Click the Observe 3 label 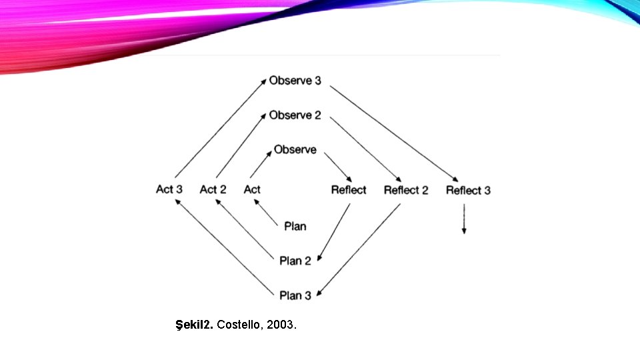(295, 81)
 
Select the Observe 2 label (295, 115)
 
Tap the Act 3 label (169, 189)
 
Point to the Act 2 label (213, 189)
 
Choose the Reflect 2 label (406, 190)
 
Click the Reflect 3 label (468, 190)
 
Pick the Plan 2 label (295, 261)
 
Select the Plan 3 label (295, 295)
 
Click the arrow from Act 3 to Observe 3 (220, 127)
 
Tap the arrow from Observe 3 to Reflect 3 (394, 133)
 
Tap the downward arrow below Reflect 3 (464, 219)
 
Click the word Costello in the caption (239, 326)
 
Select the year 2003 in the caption (280, 326)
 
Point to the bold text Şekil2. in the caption (194, 326)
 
